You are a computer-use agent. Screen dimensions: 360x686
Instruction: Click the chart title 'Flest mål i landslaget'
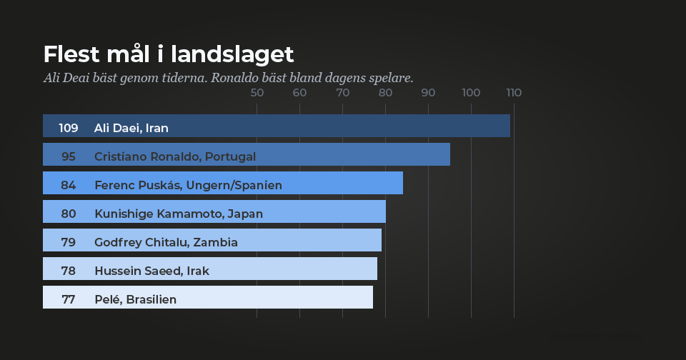(169, 55)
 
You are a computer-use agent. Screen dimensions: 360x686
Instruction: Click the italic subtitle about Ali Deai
(228, 78)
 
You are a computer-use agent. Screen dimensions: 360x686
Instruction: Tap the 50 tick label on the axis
(257, 93)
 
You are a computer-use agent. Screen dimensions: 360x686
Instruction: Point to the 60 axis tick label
(300, 93)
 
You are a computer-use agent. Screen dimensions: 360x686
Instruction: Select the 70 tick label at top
(343, 93)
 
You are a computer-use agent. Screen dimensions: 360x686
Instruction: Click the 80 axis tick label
(386, 93)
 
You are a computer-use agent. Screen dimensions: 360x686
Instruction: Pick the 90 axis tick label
(429, 93)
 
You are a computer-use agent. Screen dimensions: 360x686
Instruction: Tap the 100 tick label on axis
(471, 93)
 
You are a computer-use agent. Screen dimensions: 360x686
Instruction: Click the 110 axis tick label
(513, 93)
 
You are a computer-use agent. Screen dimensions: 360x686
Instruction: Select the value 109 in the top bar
(69, 129)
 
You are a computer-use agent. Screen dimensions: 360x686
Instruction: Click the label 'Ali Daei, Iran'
(131, 129)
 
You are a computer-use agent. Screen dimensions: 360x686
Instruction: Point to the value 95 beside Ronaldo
(69, 157)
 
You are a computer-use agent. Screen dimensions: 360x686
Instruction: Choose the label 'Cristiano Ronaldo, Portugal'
(175, 157)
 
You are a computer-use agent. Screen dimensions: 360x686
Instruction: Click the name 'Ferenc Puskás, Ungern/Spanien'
(188, 186)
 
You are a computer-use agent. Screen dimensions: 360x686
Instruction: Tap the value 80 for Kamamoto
(69, 214)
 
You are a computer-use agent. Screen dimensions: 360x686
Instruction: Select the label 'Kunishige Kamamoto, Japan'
(179, 214)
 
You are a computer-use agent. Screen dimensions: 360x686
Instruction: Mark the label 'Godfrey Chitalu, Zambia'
(166, 243)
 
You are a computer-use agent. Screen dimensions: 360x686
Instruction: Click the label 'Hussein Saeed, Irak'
(151, 271)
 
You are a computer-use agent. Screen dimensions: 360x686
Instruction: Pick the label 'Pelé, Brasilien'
(135, 300)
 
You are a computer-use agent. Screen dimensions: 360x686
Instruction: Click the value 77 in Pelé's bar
(69, 300)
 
